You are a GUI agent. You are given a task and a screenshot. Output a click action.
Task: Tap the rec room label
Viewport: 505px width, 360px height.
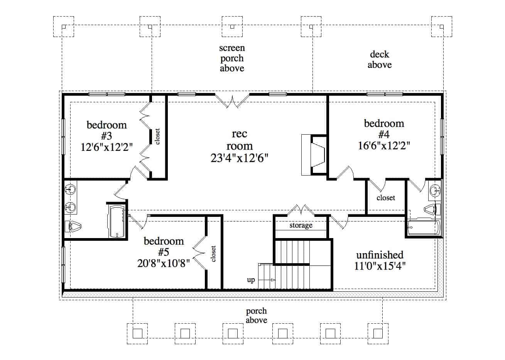(x=239, y=140)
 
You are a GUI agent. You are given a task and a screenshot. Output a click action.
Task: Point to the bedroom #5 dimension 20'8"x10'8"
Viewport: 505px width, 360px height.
(x=163, y=263)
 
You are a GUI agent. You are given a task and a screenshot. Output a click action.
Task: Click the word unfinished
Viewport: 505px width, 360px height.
(x=379, y=255)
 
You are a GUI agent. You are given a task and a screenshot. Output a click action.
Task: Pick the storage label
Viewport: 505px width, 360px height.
(x=301, y=225)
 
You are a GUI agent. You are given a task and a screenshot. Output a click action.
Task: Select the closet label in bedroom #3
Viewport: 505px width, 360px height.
(x=157, y=136)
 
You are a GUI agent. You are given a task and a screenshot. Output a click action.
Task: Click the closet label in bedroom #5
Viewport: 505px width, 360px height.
(x=213, y=254)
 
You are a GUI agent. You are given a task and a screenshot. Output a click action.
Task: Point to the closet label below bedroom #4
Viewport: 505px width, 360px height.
(x=386, y=198)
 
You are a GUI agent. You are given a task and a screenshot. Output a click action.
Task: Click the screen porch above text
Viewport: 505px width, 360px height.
(x=232, y=58)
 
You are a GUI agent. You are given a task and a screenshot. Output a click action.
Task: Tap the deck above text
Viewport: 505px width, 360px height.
(x=380, y=60)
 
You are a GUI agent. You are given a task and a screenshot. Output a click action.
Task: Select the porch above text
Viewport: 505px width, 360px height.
(x=257, y=315)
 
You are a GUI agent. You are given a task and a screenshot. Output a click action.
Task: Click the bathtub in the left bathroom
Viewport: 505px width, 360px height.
(x=117, y=221)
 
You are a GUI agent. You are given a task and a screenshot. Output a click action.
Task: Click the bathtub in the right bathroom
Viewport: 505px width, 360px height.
(x=423, y=227)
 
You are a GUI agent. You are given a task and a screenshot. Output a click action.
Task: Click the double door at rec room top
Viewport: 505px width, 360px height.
(x=232, y=101)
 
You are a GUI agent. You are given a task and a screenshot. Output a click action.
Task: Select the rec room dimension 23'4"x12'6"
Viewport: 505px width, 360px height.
(x=239, y=158)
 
